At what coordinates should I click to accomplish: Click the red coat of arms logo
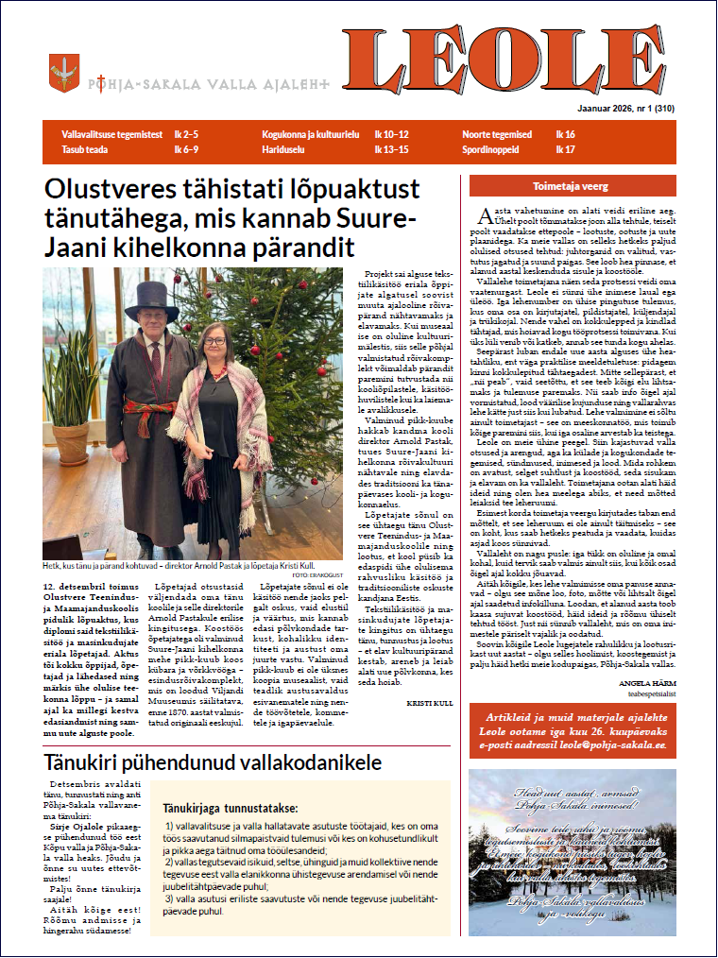tap(64, 73)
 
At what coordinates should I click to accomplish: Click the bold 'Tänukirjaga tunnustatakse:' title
tap(231, 808)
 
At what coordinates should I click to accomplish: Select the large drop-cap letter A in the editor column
tap(485, 213)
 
